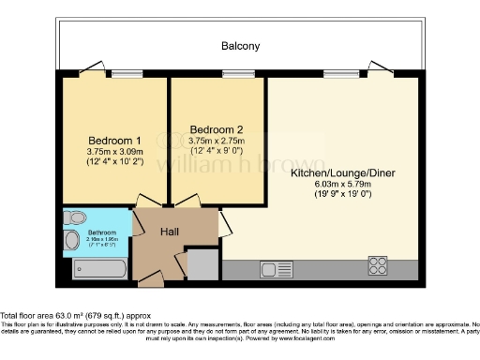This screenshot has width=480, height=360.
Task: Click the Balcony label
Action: pyautogui.click(x=240, y=45)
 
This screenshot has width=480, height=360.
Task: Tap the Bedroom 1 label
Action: pyautogui.click(x=113, y=132)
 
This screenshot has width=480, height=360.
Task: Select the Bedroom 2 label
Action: pyautogui.click(x=217, y=128)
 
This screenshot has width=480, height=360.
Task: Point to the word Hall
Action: pyautogui.click(x=169, y=232)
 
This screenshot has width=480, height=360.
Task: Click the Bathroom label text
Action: pyautogui.click(x=102, y=232)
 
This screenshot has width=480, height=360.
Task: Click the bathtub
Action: pyautogui.click(x=98, y=270)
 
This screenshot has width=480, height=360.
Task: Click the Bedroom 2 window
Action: pyautogui.click(x=232, y=74)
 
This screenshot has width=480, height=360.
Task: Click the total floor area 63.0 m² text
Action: pyautogui.click(x=75, y=316)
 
